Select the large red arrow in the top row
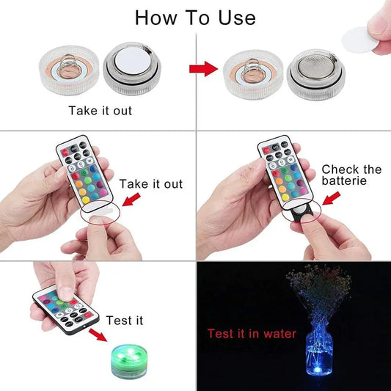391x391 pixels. click(x=205, y=70)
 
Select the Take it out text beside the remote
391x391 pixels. click(x=151, y=183)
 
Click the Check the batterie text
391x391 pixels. click(x=351, y=175)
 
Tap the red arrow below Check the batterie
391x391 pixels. click(x=333, y=198)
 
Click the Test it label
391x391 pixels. click(x=125, y=321)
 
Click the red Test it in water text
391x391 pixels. click(x=251, y=334)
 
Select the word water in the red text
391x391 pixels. click(x=279, y=334)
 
